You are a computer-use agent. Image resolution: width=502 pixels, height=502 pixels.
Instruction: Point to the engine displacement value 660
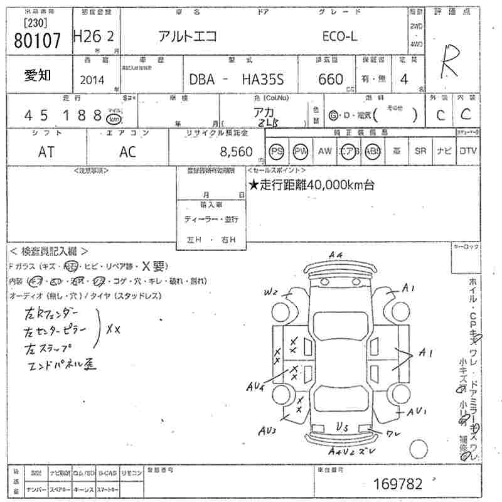tap(331, 80)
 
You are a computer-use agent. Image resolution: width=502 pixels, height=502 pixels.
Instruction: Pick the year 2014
tap(93, 80)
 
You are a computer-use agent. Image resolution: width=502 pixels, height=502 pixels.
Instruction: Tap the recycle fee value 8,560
tap(237, 152)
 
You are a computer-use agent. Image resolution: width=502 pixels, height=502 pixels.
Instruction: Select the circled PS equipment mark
tap(277, 151)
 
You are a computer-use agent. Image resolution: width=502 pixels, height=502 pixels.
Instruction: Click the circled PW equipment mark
tap(301, 151)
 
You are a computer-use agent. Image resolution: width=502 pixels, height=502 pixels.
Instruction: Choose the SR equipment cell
tap(420, 151)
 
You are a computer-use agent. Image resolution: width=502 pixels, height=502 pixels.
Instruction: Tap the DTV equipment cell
tap(467, 151)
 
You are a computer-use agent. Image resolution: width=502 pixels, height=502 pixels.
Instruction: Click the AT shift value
tap(46, 152)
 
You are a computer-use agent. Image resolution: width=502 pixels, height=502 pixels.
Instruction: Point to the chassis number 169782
tap(398, 484)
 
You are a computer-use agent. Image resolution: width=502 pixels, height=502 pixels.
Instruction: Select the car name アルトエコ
tap(187, 37)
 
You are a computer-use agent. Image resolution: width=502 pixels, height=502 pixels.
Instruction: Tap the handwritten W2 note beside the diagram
tap(270, 292)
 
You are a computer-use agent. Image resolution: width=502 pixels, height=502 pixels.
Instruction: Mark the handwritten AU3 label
tap(265, 431)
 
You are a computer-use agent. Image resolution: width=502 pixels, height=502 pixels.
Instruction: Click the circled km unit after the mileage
tap(114, 119)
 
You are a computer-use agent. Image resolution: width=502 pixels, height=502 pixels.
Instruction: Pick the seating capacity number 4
tap(403, 79)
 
